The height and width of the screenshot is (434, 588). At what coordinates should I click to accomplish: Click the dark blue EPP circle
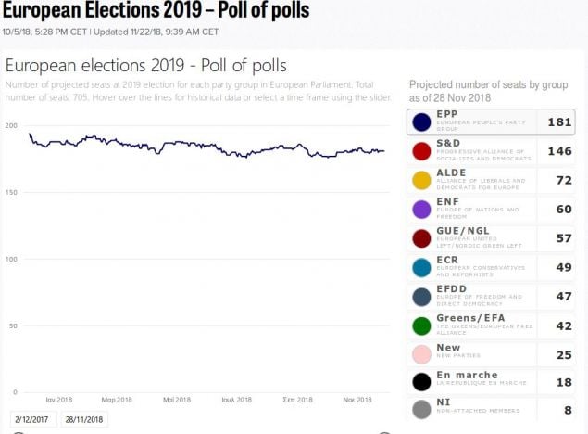click(x=421, y=122)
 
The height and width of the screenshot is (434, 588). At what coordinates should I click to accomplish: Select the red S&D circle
click(x=421, y=151)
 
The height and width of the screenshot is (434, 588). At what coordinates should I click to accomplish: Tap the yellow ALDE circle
click(x=421, y=180)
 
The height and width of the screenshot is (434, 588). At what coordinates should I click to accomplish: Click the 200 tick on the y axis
click(x=10, y=125)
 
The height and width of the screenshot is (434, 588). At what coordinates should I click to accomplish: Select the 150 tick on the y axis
click(x=10, y=192)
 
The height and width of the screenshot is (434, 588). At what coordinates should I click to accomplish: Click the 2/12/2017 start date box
click(x=32, y=419)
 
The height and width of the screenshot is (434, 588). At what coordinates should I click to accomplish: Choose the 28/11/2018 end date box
click(x=83, y=419)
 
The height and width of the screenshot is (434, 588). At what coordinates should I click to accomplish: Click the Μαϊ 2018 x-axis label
click(x=176, y=400)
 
